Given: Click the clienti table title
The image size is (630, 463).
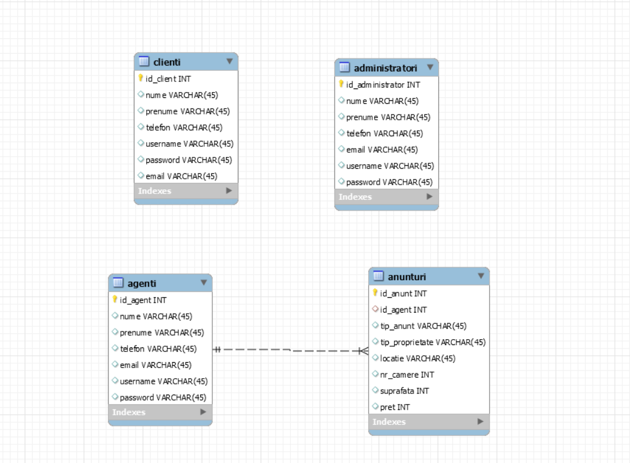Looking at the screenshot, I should pyautogui.click(x=167, y=61).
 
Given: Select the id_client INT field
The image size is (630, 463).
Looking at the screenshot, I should pyautogui.click(x=168, y=78).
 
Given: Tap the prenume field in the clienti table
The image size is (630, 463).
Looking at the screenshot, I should pyautogui.click(x=188, y=111).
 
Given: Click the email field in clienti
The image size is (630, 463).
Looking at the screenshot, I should pyautogui.click(x=181, y=176).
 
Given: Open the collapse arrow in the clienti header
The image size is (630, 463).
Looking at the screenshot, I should pyautogui.click(x=229, y=61).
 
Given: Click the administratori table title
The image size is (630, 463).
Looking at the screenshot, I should pyautogui.click(x=385, y=67).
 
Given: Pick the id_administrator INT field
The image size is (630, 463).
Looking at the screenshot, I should pyautogui.click(x=383, y=85).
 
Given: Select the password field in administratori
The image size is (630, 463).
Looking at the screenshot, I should pyautogui.click(x=389, y=182).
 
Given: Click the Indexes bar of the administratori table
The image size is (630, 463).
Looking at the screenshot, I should pyautogui.click(x=386, y=197).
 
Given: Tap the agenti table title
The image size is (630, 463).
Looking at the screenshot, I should pyautogui.click(x=142, y=283).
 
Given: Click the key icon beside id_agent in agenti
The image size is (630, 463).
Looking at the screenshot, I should pyautogui.click(x=116, y=300).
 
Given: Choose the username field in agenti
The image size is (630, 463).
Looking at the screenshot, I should pyautogui.click(x=163, y=381).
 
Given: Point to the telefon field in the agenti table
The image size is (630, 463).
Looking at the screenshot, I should pyautogui.click(x=158, y=349).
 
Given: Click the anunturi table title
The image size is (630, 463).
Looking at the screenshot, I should pyautogui.click(x=406, y=276).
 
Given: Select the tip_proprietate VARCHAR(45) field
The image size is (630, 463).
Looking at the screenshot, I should pyautogui.click(x=433, y=342).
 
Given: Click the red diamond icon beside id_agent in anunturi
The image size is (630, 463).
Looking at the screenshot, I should pyautogui.click(x=375, y=309).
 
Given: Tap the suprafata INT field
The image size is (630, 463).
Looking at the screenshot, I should pyautogui.click(x=404, y=390).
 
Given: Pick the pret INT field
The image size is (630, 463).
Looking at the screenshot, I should pyautogui.click(x=395, y=407).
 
